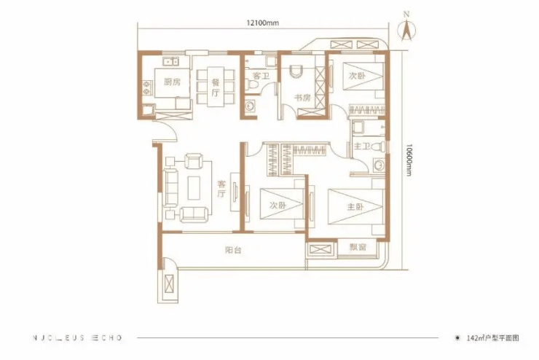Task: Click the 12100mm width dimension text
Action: click(x=263, y=23)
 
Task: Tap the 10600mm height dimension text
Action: click(x=408, y=160)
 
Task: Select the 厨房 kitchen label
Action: click(x=172, y=82)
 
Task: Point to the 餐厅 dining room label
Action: click(x=216, y=87)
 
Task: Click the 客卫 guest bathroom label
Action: click(x=261, y=76)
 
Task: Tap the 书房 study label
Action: click(x=302, y=98)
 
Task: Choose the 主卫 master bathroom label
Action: click(x=362, y=146)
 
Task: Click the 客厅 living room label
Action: click(x=221, y=189)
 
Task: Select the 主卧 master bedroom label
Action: click(x=355, y=206)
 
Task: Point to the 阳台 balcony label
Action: click(x=233, y=250)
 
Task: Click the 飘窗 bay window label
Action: click(x=358, y=247)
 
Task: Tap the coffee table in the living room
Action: click(x=194, y=188)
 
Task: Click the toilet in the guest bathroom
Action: click(x=252, y=85)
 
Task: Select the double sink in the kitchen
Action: click(x=171, y=61)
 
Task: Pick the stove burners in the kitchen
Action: click(x=147, y=87)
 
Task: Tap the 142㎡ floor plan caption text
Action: click(x=492, y=338)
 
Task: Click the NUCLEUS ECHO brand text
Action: click(x=77, y=338)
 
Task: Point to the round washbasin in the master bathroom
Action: click(x=379, y=165)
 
